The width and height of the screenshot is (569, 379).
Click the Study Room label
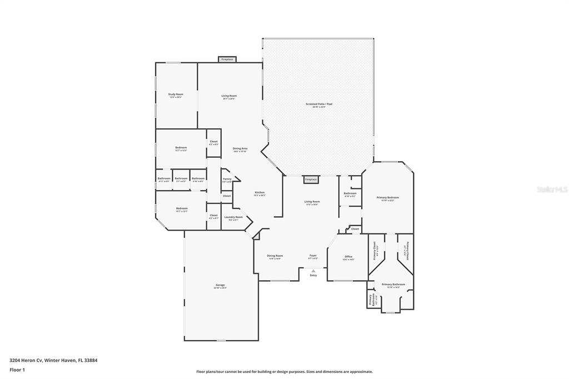[176, 95]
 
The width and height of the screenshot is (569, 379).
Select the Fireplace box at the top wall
[227, 59]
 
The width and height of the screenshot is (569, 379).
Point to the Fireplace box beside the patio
[311, 179]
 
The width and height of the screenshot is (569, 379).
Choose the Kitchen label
[259, 193]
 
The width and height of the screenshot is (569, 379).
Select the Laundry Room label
[233, 218]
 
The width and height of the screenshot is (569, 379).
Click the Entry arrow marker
[313, 272]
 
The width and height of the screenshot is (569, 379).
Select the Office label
[348, 257]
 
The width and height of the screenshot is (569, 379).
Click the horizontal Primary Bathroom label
[393, 285]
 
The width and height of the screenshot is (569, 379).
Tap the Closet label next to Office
[355, 229]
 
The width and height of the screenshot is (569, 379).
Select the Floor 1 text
[17, 370]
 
